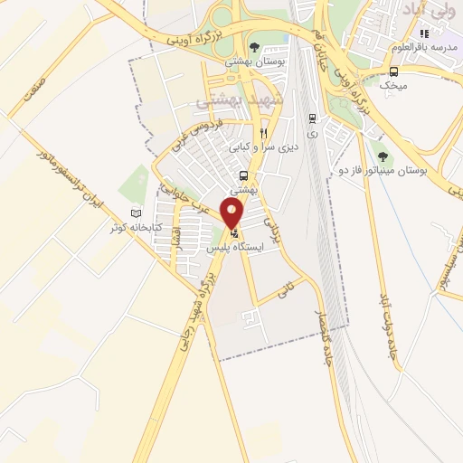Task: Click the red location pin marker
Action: (x=232, y=213)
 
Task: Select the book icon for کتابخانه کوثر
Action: (x=137, y=213)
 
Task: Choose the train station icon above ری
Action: (x=312, y=118)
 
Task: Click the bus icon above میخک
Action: (x=393, y=72)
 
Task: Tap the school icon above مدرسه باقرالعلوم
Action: (x=424, y=33)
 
